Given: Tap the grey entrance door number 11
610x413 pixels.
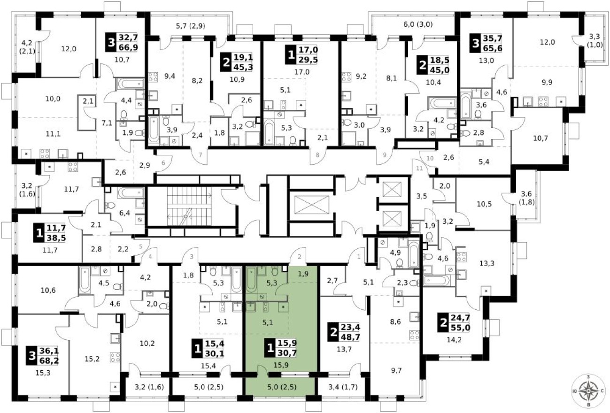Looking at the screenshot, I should point(420,168).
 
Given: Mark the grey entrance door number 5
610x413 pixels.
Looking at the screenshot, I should point(139,245).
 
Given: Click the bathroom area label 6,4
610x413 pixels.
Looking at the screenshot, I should point(125,213).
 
